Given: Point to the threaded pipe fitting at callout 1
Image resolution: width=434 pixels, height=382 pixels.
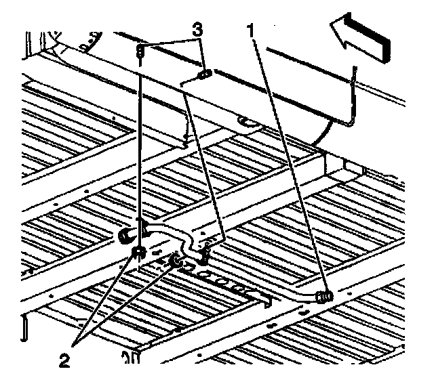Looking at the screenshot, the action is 323,295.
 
